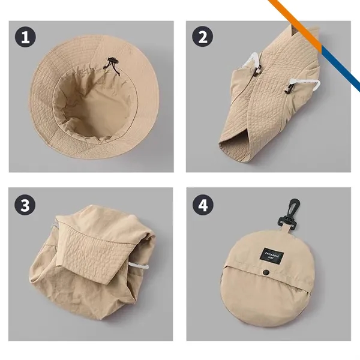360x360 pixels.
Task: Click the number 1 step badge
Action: [25, 38]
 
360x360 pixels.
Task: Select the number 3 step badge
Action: [25, 205]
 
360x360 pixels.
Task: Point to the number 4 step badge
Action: [203, 205]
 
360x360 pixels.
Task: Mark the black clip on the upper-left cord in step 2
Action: [256, 69]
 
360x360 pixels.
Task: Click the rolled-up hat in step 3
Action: [90, 264]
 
